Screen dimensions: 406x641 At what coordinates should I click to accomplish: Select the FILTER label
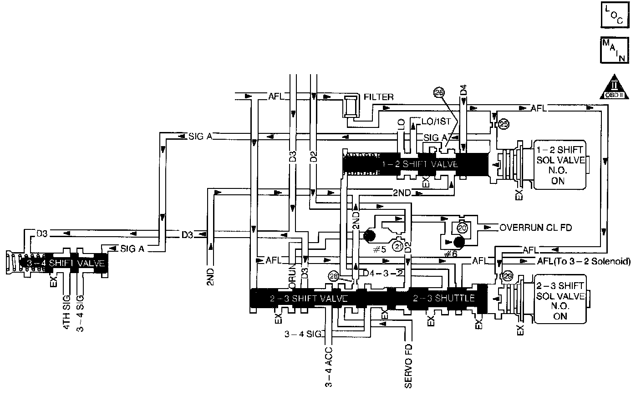coord(379,97)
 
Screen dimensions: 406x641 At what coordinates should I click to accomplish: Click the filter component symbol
coord(351,107)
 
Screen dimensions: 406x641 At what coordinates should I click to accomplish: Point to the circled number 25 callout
coord(503,124)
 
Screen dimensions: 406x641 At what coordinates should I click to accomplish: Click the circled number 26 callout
coord(439,93)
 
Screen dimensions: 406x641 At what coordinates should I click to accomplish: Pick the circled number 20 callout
coord(462,227)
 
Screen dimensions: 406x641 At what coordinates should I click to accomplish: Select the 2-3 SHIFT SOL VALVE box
coord(561,300)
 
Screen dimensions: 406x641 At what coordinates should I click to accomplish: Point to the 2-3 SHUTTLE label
coord(444,299)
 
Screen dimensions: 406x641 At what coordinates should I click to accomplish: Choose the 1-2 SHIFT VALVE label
coord(420,164)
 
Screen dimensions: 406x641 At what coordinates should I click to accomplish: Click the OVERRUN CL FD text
coord(535,227)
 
